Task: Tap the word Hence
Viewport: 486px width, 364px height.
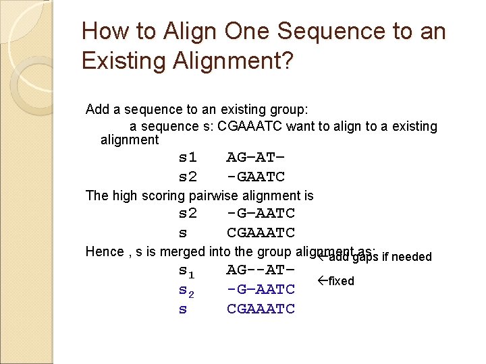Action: point(103,252)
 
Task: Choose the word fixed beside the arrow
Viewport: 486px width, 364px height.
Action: point(341,281)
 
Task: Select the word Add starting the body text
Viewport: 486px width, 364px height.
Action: point(97,109)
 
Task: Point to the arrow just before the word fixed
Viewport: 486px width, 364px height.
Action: point(322,280)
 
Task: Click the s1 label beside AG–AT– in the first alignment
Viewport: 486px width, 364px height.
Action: point(188,158)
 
